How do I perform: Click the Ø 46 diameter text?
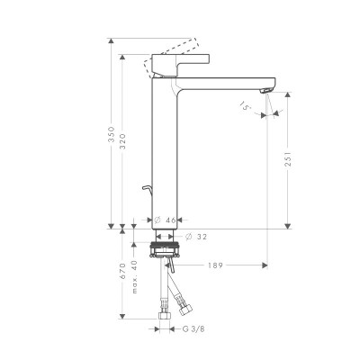(163, 220)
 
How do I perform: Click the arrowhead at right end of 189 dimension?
(265, 265)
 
